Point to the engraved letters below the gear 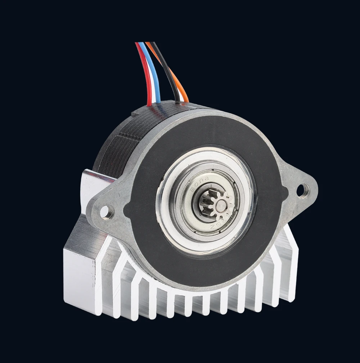[x=218, y=226]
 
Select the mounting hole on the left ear [x=107, y=211]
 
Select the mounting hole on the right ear [x=302, y=189]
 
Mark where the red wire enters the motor [x=149, y=105]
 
